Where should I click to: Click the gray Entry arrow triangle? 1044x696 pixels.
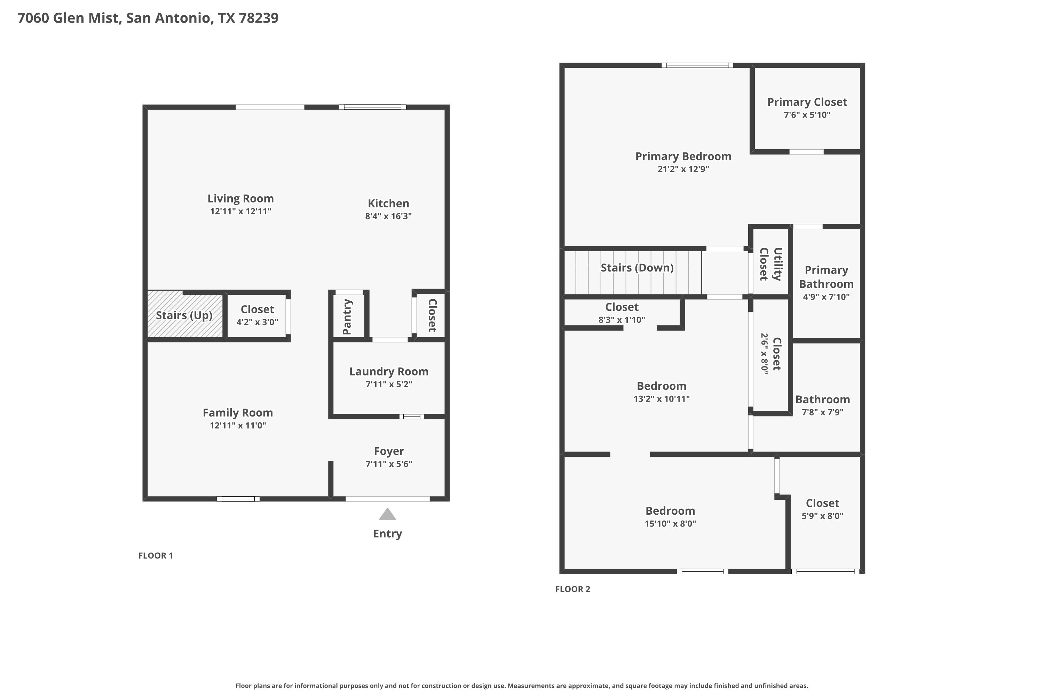click(x=388, y=514)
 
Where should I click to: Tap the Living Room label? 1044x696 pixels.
click(x=240, y=198)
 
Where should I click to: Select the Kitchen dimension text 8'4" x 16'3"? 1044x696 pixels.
click(x=388, y=216)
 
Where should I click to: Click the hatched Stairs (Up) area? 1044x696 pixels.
click(x=185, y=314)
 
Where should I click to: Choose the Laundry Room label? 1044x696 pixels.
click(x=389, y=372)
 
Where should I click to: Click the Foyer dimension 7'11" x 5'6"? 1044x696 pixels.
click(x=389, y=464)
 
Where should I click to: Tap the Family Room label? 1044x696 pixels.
click(x=238, y=413)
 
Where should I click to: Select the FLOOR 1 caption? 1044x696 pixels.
click(x=155, y=556)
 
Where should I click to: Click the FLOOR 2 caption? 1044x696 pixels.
click(x=572, y=589)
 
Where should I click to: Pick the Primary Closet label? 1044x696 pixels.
click(x=807, y=102)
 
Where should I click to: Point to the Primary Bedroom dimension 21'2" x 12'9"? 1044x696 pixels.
click(x=683, y=169)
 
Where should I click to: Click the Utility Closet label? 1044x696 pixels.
click(x=770, y=264)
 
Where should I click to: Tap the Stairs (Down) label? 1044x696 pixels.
click(x=637, y=268)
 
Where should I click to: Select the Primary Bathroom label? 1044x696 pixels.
click(x=826, y=277)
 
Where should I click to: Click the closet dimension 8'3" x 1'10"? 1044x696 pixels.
click(x=622, y=319)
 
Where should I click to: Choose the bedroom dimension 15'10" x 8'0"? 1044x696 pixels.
click(x=670, y=523)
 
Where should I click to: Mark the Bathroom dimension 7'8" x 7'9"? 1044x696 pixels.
click(x=823, y=412)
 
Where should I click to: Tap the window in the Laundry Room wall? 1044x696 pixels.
click(x=411, y=416)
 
